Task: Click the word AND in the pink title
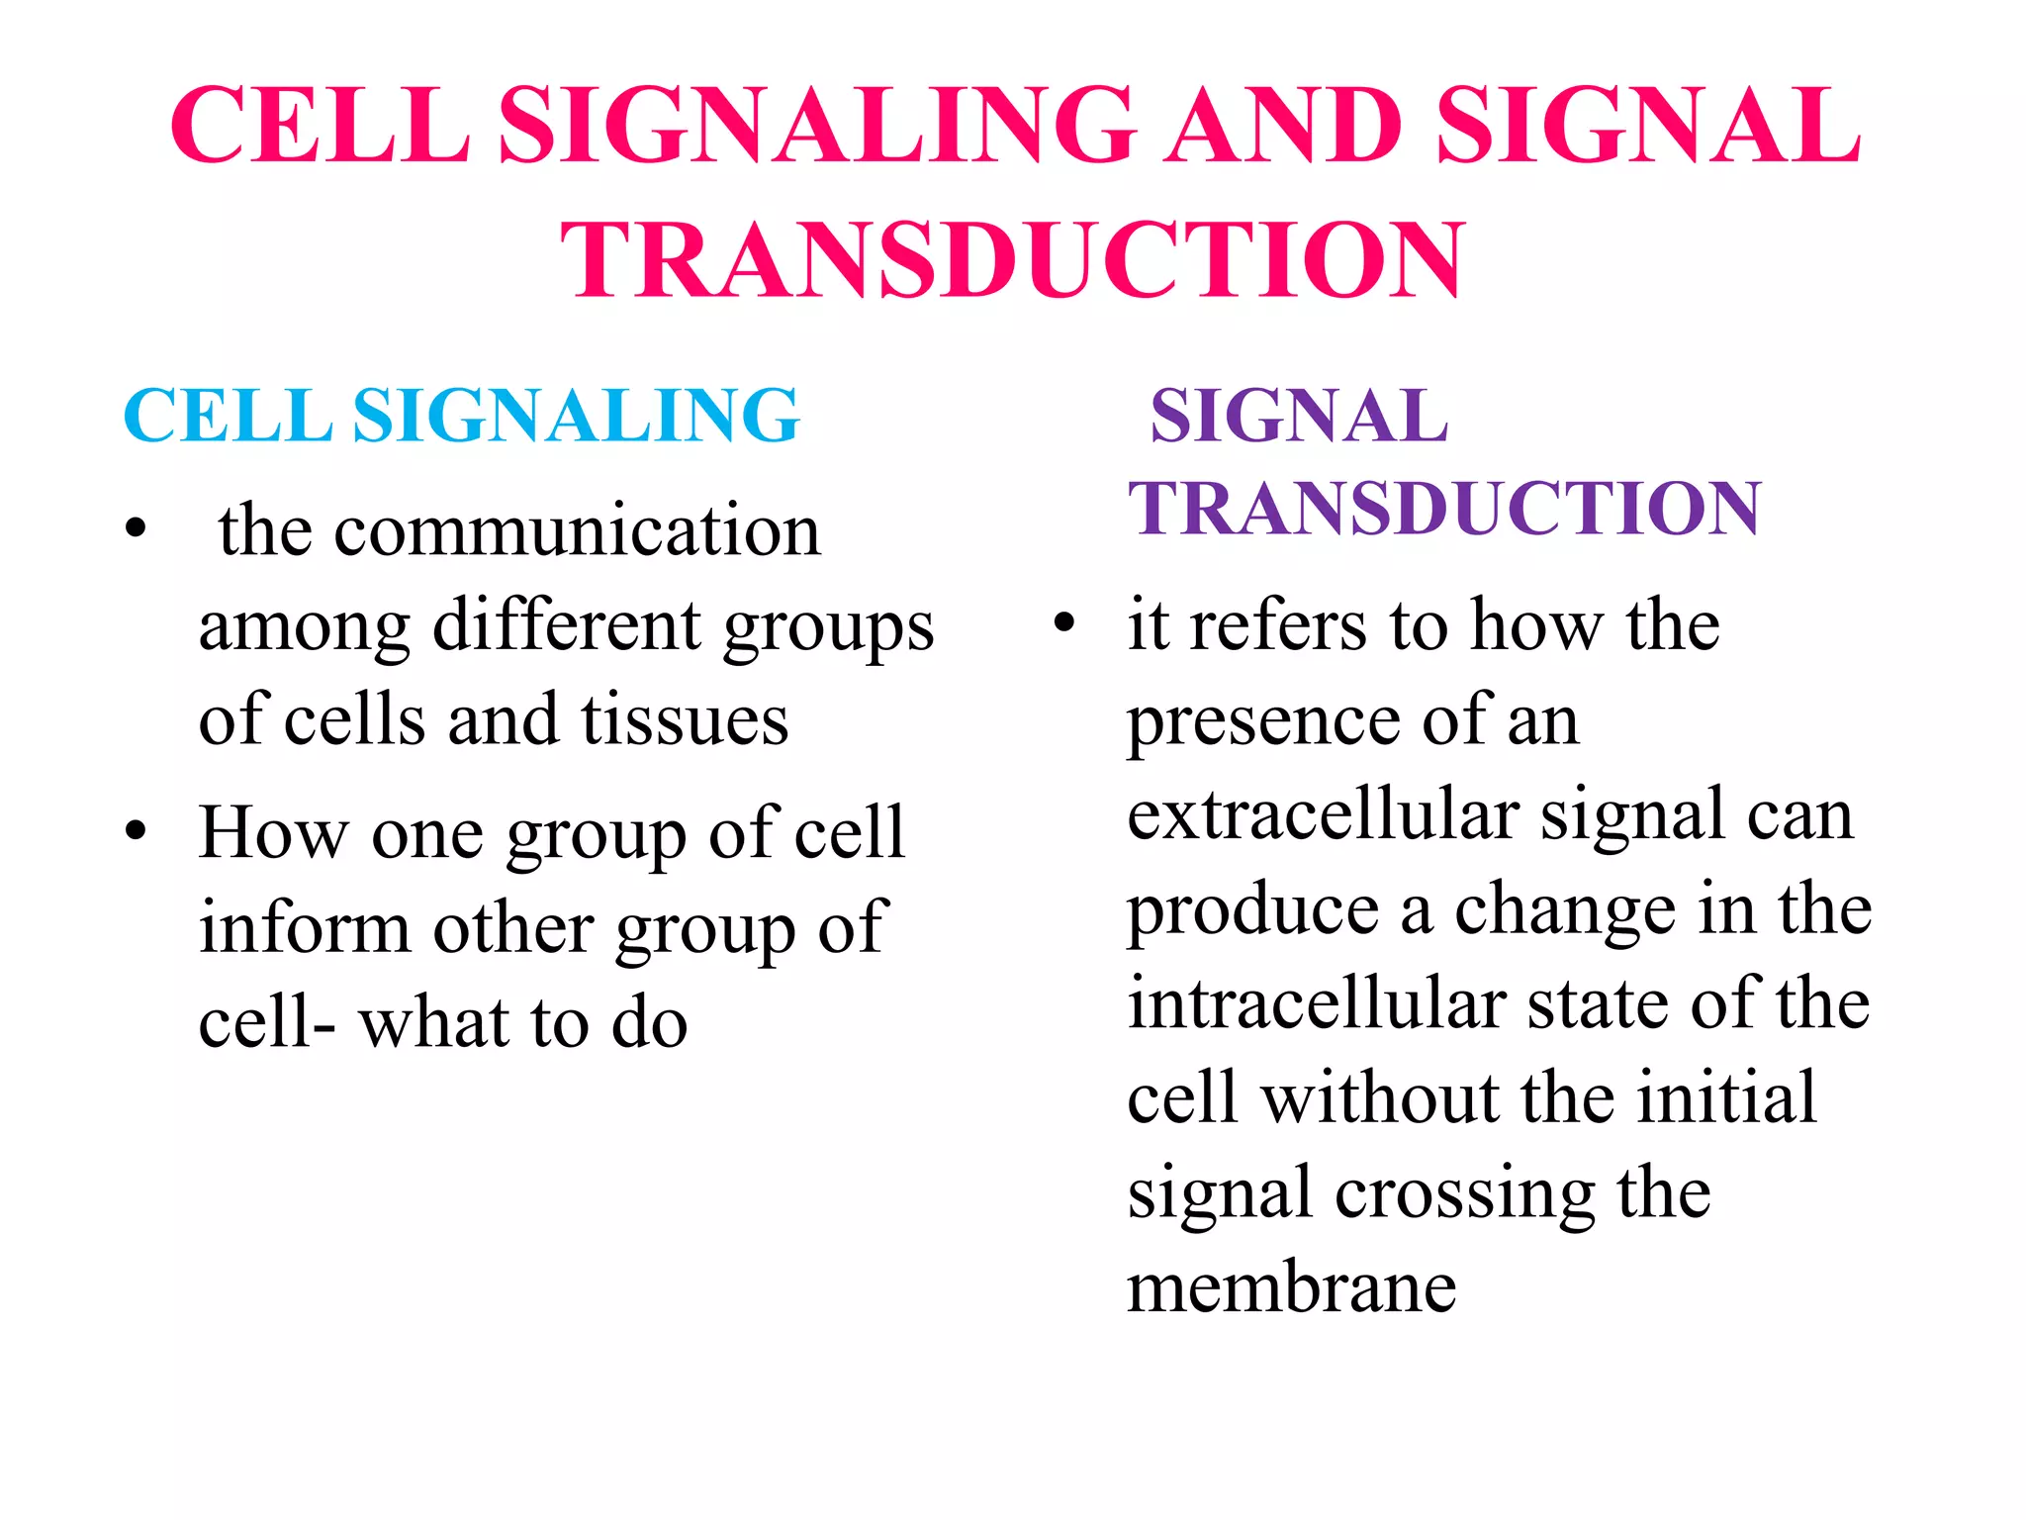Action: (x=1286, y=126)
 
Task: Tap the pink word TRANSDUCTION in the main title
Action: (x=1012, y=259)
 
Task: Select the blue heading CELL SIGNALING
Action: (x=461, y=416)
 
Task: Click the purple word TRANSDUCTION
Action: (x=1444, y=509)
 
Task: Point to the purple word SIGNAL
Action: (x=1299, y=416)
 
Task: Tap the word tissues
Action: (x=685, y=719)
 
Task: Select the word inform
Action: (x=304, y=928)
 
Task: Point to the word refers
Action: (x=1278, y=625)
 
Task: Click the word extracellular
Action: (x=1323, y=815)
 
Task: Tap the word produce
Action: (x=1252, y=910)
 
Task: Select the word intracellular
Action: (x=1316, y=1003)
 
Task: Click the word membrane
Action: (x=1292, y=1288)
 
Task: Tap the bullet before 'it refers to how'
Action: (x=1064, y=623)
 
